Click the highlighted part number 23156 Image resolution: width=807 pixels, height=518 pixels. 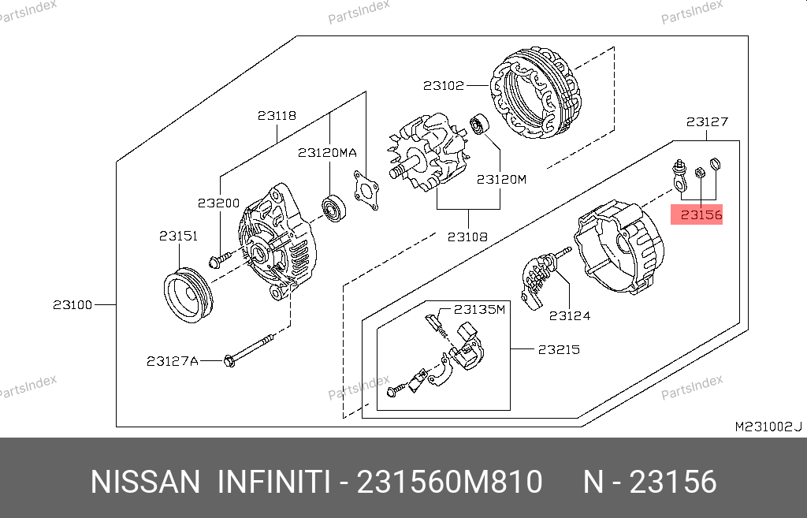point(701,214)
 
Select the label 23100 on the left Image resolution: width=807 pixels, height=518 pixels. point(73,305)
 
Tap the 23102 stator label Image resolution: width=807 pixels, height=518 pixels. point(444,85)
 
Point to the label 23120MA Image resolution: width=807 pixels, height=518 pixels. point(327,152)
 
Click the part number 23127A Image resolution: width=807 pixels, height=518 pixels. point(173,361)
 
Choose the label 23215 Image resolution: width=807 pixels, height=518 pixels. point(559,349)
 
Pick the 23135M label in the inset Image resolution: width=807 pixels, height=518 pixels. point(479,309)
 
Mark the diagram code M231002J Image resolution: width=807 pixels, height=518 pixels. point(768,427)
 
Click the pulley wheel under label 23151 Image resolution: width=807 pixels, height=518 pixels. point(188,295)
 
